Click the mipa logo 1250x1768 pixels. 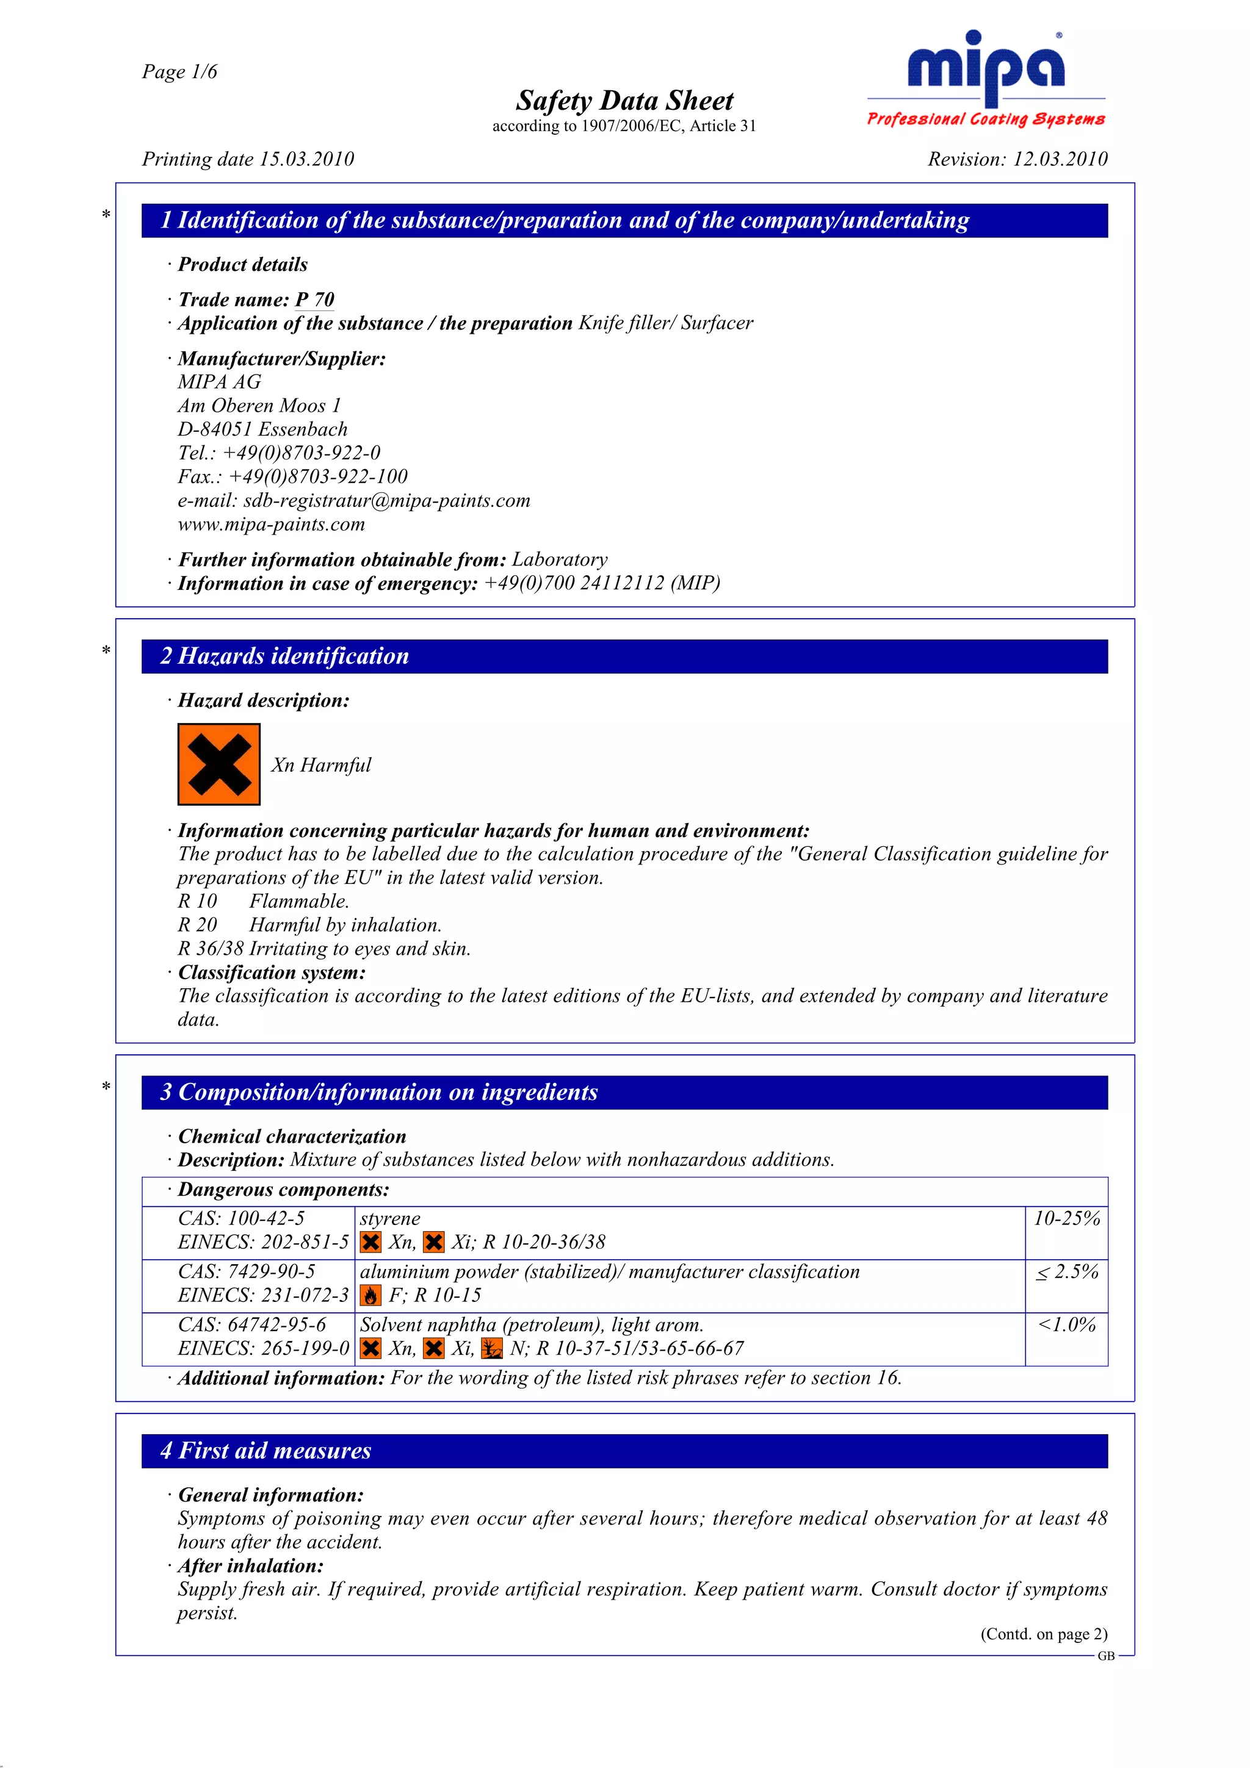pos(986,77)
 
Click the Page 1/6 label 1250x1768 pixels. pos(179,71)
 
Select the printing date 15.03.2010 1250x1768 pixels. pos(306,159)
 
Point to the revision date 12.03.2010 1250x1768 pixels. pos(1060,159)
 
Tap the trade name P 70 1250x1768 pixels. pos(314,300)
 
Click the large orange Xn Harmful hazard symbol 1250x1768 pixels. pos(219,764)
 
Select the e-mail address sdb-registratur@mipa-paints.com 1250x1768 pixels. pos(386,500)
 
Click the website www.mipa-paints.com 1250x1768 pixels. pos(271,525)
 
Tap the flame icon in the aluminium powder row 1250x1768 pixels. pos(370,1296)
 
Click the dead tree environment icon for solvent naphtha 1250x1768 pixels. pos(491,1349)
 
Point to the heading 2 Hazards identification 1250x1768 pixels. pos(285,656)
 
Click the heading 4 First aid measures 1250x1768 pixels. pos(266,1451)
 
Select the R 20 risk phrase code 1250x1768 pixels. pos(197,925)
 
